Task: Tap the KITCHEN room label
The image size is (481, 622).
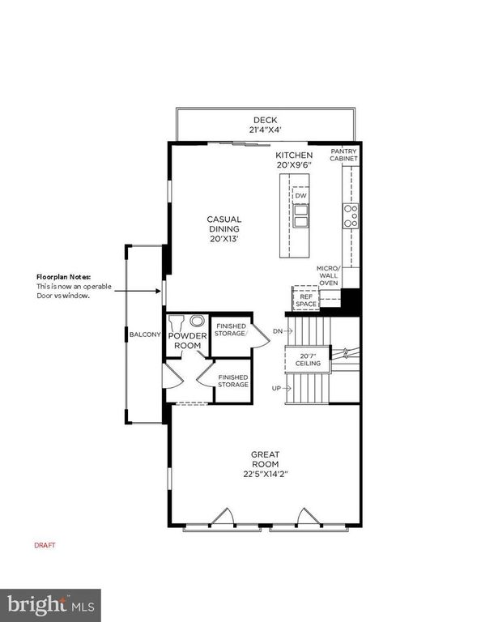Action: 294,155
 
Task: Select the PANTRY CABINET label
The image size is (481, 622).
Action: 343,155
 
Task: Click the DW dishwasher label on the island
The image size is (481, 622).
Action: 301,196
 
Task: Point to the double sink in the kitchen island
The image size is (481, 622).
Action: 301,217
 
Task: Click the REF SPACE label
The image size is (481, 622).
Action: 306,300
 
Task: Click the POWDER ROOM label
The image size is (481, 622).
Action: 188,341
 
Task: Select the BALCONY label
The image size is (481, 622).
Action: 145,334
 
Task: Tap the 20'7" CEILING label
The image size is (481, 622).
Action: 308,360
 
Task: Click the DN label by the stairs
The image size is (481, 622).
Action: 276,330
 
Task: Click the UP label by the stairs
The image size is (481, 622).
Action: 276,389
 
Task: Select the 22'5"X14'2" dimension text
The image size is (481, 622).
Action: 266,474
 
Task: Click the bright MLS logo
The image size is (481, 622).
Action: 50,605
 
